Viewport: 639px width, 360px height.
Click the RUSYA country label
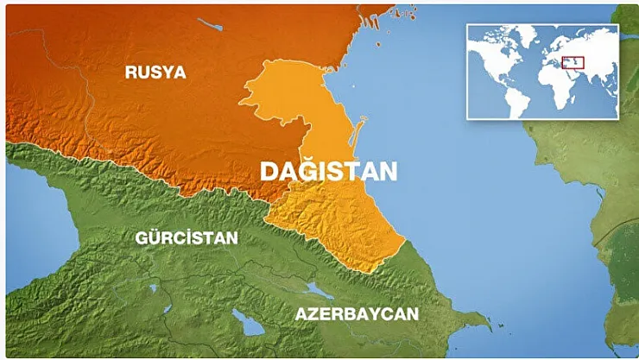pyautogui.click(x=155, y=72)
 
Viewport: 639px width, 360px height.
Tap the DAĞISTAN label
pyautogui.click(x=329, y=171)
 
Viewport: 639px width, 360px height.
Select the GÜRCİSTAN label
pyautogui.click(x=187, y=237)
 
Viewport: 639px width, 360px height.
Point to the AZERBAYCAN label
pyautogui.click(x=357, y=313)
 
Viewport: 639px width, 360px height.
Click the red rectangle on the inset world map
pyautogui.click(x=573, y=62)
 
